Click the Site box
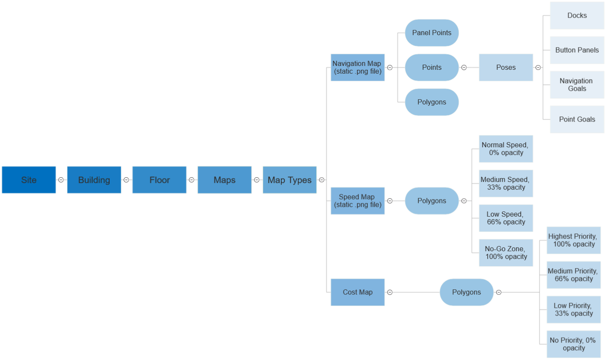point(29,180)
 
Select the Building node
point(94,180)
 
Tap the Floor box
point(159,180)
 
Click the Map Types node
point(289,180)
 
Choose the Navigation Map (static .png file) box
point(358,67)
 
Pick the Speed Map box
point(358,201)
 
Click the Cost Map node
point(358,292)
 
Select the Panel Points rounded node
point(432,33)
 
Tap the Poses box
point(506,67)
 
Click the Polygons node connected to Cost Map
point(466,292)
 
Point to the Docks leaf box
point(577,15)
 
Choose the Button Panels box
point(577,50)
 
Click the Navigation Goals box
point(577,85)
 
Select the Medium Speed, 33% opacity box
point(506,183)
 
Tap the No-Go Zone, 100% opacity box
point(506,253)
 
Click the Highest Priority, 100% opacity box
point(573,240)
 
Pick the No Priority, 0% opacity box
point(573,344)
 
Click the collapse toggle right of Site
point(61,180)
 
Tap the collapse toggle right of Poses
point(538,67)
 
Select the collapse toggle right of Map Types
point(322,180)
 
